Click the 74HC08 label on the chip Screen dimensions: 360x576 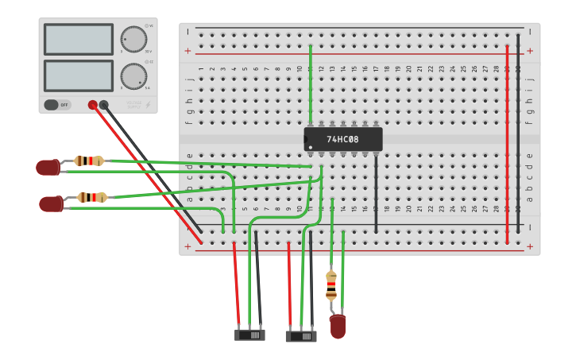click(x=342, y=139)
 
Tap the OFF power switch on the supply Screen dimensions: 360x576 click(x=57, y=105)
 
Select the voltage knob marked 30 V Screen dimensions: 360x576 click(x=133, y=39)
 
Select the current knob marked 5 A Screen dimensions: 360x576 click(x=133, y=76)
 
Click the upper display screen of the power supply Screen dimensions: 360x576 click(x=78, y=39)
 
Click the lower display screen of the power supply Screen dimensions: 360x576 click(x=78, y=75)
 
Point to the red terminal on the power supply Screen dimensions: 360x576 click(x=93, y=105)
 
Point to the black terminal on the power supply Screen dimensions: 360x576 click(x=104, y=105)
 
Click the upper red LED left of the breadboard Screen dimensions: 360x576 click(x=48, y=167)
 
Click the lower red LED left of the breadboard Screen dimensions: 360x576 click(x=51, y=204)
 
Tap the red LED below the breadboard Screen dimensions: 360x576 click(x=338, y=326)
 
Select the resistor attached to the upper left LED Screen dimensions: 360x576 click(x=88, y=161)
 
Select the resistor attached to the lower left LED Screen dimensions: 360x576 click(x=92, y=197)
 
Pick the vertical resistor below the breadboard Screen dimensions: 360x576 click(x=331, y=285)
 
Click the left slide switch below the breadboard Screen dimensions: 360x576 click(x=249, y=335)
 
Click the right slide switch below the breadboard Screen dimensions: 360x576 click(x=301, y=336)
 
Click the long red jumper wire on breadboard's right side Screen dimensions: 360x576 click(x=507, y=143)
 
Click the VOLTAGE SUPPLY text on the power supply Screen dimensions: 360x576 click(x=135, y=104)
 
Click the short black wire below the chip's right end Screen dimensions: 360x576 click(x=376, y=195)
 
